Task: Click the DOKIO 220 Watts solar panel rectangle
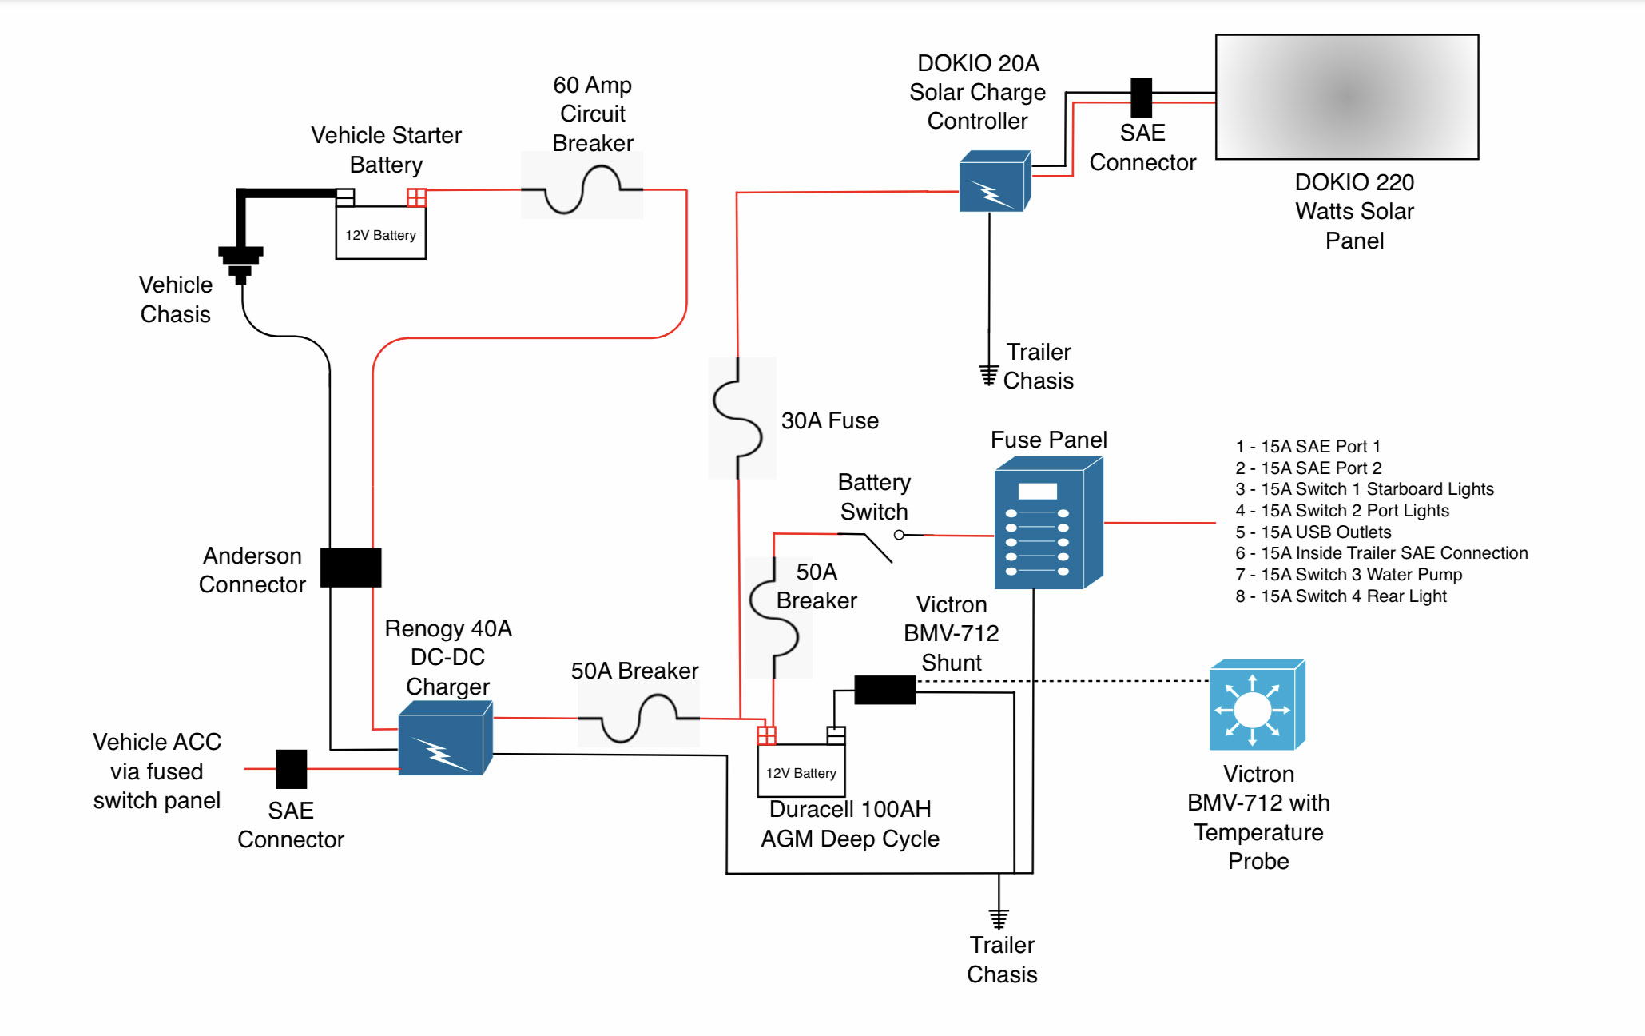click(x=1346, y=97)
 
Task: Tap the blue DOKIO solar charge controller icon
click(x=994, y=181)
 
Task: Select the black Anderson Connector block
click(x=351, y=568)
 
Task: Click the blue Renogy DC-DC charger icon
click(x=444, y=739)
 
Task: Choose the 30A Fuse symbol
click(x=738, y=417)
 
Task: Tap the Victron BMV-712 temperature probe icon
click(x=1256, y=706)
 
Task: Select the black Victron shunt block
click(x=884, y=690)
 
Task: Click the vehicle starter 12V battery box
click(x=380, y=233)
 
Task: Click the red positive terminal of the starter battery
click(x=416, y=197)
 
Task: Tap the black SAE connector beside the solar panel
click(x=1141, y=98)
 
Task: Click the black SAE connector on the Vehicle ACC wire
click(x=291, y=769)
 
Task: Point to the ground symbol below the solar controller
click(x=989, y=374)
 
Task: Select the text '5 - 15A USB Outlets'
click(x=1313, y=532)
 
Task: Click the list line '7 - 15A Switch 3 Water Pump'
click(x=1349, y=575)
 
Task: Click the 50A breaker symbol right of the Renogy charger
click(x=638, y=719)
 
